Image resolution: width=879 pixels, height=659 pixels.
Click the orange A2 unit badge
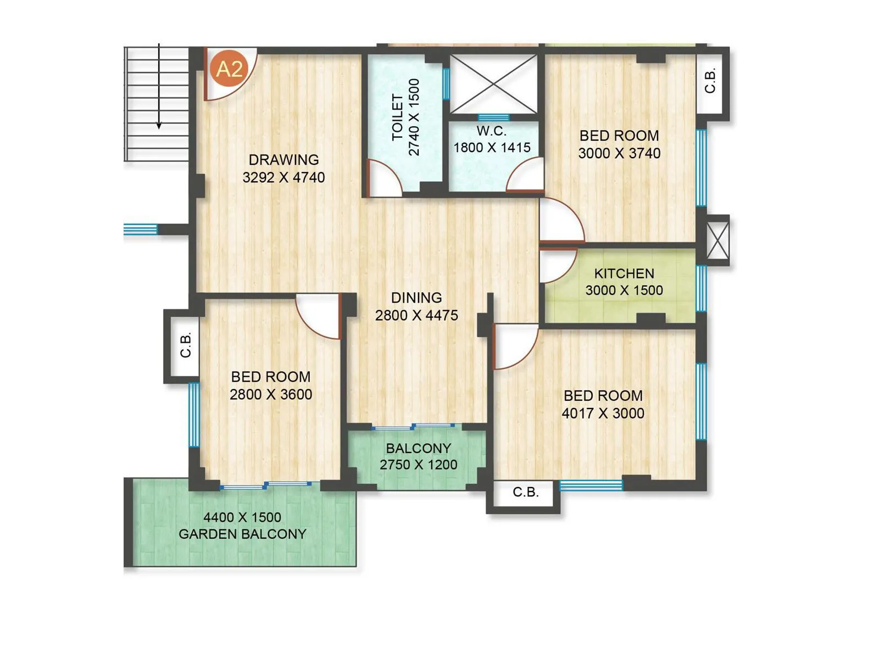pos(229,69)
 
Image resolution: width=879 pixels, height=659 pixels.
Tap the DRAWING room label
pos(283,160)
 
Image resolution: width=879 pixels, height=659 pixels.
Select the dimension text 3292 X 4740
pos(283,177)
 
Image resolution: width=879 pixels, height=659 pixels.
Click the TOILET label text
pos(398,118)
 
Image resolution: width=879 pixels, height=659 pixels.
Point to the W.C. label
pos(492,131)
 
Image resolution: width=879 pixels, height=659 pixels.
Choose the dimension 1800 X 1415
pos(492,148)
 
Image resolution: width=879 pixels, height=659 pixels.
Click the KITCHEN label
pos(624,273)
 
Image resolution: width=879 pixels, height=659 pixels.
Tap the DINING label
pos(416,298)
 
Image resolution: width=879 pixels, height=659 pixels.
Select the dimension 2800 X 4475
pos(416,315)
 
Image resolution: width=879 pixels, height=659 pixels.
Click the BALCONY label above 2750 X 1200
pos(419,448)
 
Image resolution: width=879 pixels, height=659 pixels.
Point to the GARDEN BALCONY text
pos(242,534)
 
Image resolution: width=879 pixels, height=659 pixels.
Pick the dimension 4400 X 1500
pos(242,517)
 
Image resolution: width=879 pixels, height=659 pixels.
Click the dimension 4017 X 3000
pos(603,413)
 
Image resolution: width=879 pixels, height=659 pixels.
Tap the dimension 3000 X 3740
pos(619,153)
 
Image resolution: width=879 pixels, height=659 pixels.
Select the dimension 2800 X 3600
pos(271,394)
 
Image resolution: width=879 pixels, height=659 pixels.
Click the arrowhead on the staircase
pos(159,125)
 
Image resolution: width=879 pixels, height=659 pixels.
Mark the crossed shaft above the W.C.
pos(493,84)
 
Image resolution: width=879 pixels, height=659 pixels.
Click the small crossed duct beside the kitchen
pos(717,240)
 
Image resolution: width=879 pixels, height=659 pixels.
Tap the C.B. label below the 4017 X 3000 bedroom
pos(526,492)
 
